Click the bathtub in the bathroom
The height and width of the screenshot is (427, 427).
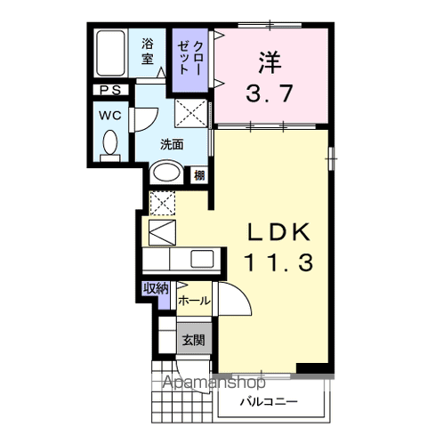tap(110, 52)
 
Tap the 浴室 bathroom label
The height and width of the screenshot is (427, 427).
tap(148, 52)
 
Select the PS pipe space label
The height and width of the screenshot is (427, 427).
tap(110, 90)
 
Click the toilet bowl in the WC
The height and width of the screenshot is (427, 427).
tap(110, 142)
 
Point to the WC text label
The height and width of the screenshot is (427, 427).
tap(110, 115)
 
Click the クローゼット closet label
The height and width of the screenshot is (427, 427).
tap(190, 58)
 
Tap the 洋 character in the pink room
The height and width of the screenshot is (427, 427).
tap(270, 62)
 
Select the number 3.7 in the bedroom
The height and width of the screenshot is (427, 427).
tap(270, 93)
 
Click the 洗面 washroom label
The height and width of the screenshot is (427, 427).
tap(172, 144)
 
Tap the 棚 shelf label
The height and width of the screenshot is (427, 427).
tap(199, 175)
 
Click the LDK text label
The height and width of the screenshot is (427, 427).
tap(279, 232)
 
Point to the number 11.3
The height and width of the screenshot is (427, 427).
tap(278, 263)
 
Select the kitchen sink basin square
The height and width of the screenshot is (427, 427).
tap(202, 259)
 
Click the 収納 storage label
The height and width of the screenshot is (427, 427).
tap(156, 288)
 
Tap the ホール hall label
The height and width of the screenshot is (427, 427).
tap(194, 301)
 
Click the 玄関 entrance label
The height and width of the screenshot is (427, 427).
tap(194, 340)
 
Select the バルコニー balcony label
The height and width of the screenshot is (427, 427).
tap(269, 402)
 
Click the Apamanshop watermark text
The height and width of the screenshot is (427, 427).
tap(213, 383)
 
